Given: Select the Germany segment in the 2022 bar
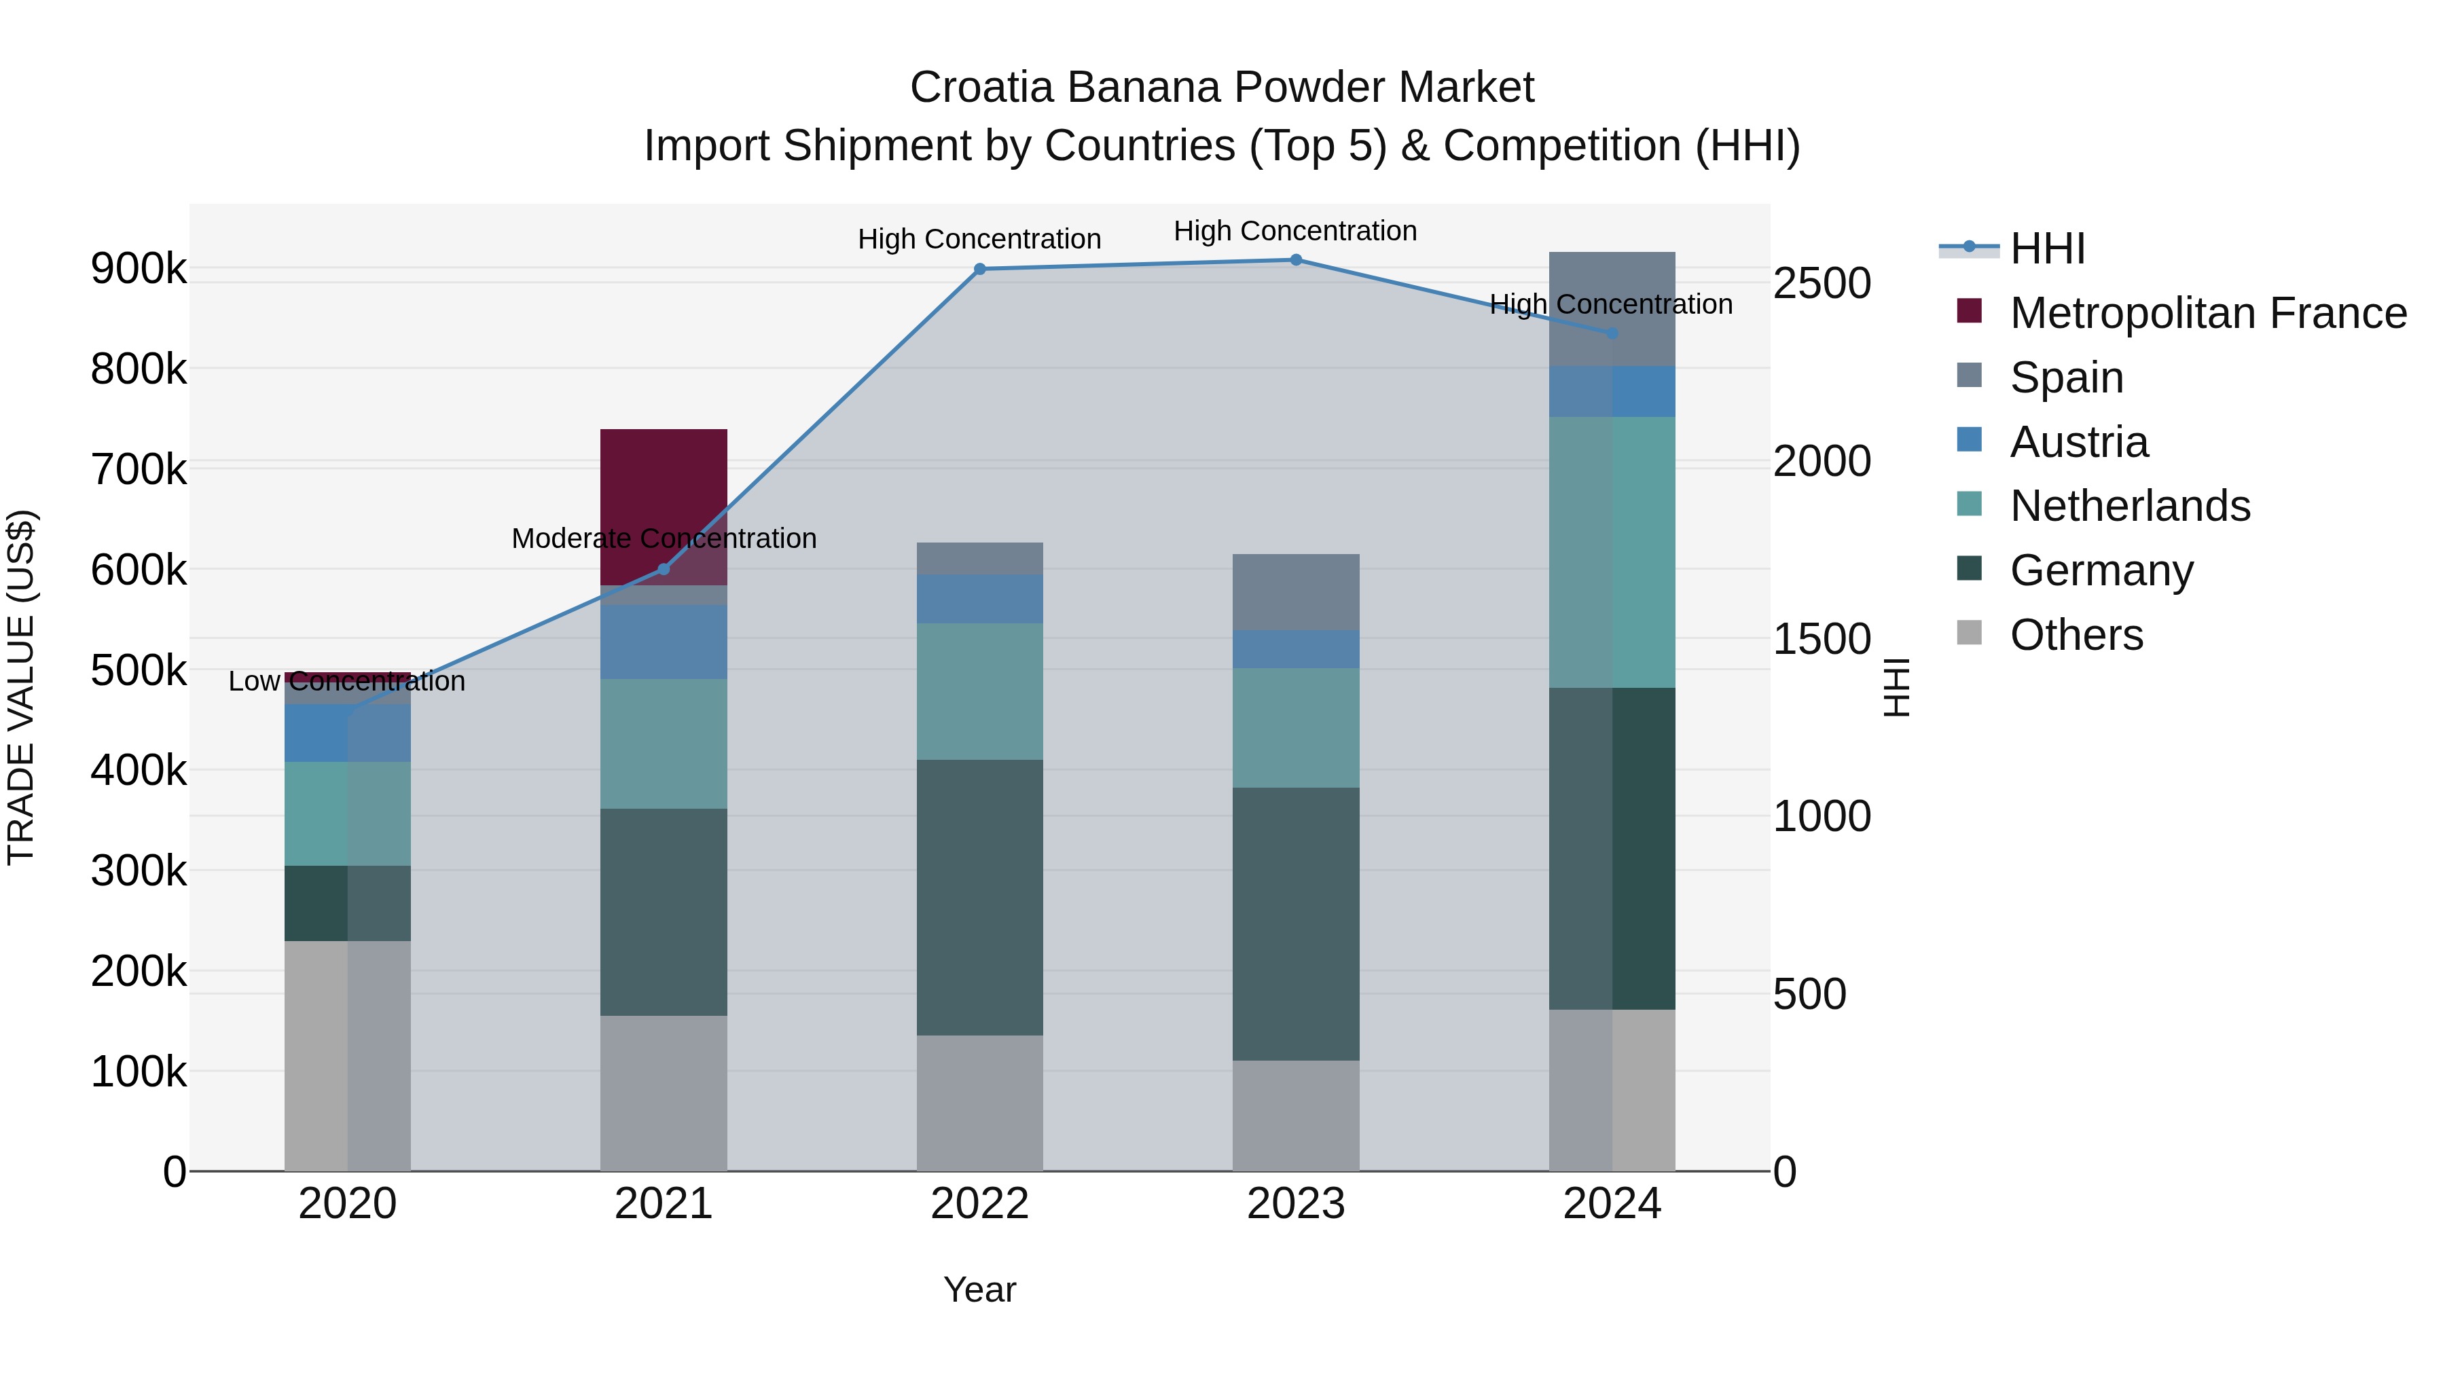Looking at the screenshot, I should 979,897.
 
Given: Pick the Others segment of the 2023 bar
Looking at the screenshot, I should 1296,1115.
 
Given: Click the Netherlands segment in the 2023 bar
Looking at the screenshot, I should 1296,728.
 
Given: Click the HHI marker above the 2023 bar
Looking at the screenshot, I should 1296,259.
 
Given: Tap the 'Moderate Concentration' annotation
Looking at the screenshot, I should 664,538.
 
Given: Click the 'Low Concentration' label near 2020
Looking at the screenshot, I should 346,681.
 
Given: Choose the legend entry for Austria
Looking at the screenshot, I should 2079,441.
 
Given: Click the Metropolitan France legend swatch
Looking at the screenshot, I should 1970,311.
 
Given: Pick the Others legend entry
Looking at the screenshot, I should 2076,635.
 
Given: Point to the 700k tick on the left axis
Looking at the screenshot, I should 139,469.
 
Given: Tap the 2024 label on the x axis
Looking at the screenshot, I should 1612,1204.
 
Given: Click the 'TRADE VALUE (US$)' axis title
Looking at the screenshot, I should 21,687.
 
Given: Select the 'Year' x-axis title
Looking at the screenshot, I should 979,1289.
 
